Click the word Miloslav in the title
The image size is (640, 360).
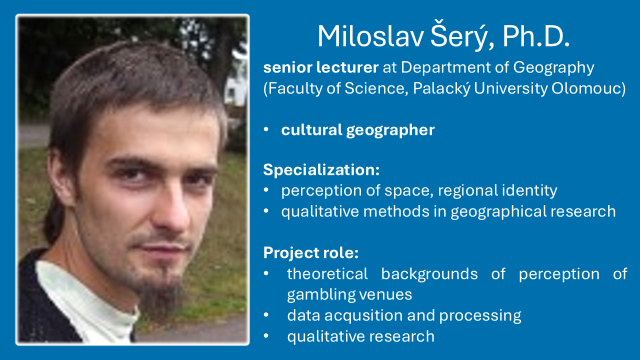tap(370, 36)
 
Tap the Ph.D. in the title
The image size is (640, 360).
tap(536, 36)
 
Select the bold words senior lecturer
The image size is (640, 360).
tap(321, 67)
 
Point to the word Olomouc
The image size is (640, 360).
tap(588, 88)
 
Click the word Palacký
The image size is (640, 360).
tap(441, 88)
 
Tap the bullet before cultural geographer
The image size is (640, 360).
tap(266, 129)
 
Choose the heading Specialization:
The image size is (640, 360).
tap(321, 170)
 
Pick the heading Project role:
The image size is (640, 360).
tap(311, 253)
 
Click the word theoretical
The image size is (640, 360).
tap(327, 273)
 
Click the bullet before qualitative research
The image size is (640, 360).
tap(266, 336)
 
